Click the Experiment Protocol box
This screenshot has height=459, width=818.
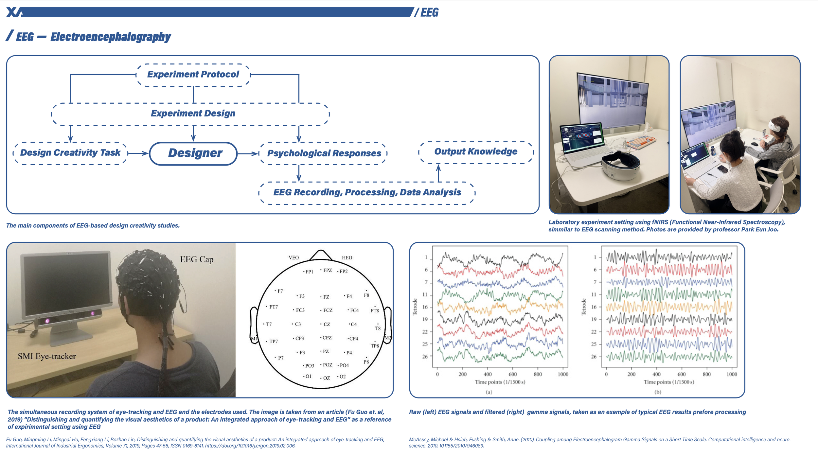pos(193,75)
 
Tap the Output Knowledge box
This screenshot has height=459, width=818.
pos(476,152)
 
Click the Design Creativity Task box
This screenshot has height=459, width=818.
pos(70,153)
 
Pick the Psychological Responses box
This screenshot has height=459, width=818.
pos(324,153)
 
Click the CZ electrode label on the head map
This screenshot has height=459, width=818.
pos(327,324)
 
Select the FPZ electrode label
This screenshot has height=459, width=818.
pos(327,270)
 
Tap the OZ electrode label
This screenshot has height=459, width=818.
pos(326,378)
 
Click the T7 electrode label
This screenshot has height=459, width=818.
pos(268,324)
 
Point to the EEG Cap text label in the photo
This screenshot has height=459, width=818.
pos(197,259)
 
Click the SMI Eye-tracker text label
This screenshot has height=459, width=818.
pos(47,356)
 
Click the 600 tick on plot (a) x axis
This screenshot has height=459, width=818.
pos(513,374)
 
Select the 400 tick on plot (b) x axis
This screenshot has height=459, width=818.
pos(656,374)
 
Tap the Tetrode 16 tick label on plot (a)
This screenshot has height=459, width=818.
pos(425,307)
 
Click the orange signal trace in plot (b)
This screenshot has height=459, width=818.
pos(669,307)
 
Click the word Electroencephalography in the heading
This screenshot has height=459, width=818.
pos(111,37)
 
